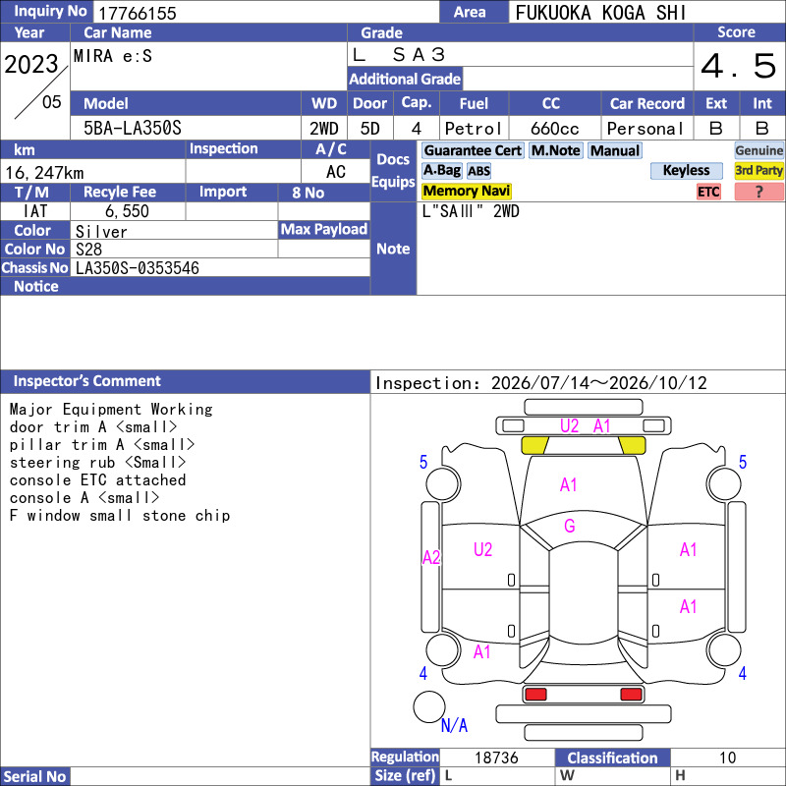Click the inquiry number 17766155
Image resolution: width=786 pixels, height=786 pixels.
coord(138,13)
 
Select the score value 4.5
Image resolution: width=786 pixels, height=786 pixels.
coord(739,66)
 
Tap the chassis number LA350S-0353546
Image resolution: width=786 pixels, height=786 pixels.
coord(138,268)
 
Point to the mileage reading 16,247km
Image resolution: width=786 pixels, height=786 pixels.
coord(44,173)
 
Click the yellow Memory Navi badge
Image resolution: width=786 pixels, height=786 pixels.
coord(466,191)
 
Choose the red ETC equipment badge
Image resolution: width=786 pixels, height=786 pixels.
coord(708,192)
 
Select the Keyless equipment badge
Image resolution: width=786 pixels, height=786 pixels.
coord(686,170)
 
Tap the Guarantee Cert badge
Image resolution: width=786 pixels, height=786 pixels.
coord(473,150)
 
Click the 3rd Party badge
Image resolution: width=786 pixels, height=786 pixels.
coord(758,170)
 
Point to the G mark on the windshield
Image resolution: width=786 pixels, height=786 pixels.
coord(570,526)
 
